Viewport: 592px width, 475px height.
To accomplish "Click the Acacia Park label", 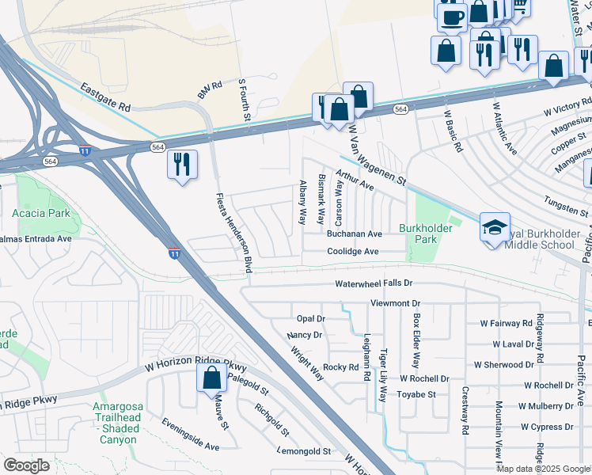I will click(40, 213).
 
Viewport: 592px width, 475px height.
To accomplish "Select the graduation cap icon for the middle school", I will click(495, 228).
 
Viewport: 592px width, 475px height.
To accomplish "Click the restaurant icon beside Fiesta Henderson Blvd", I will click(182, 164).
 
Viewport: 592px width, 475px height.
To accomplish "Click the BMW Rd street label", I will click(210, 84).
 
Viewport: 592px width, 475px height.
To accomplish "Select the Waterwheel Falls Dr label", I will click(374, 283).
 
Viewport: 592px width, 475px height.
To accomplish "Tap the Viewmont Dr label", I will click(394, 303).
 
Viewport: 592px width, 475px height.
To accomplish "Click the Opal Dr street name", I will click(310, 318).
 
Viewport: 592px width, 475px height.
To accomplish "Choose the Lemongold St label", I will click(304, 451).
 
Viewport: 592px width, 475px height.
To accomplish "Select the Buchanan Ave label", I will click(355, 234).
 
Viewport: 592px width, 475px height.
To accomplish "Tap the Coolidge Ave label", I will click(353, 252).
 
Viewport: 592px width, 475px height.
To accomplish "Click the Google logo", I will click(26, 465).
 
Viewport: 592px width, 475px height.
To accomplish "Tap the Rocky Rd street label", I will click(341, 367).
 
